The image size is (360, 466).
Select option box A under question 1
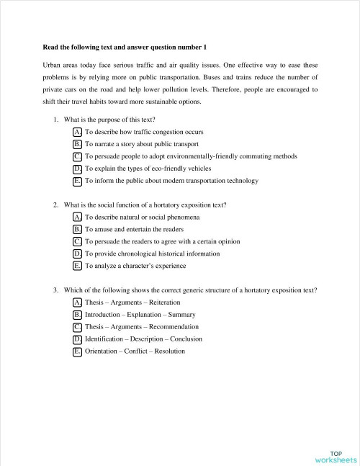(77, 132)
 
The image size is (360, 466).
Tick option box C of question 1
(77, 156)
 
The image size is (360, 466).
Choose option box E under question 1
(77, 180)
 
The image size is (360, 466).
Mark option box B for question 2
(77, 229)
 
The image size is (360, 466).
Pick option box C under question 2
(77, 241)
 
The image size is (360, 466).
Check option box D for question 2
(77, 254)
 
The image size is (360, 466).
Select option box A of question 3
(77, 303)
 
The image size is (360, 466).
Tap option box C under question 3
(77, 327)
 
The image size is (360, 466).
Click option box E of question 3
(77, 351)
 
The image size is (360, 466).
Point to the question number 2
(55, 205)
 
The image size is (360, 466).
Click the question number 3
(55, 290)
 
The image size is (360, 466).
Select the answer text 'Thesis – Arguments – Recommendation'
(142, 327)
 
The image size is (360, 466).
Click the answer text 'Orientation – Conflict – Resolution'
(135, 351)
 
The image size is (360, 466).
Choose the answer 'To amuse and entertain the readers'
(135, 229)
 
